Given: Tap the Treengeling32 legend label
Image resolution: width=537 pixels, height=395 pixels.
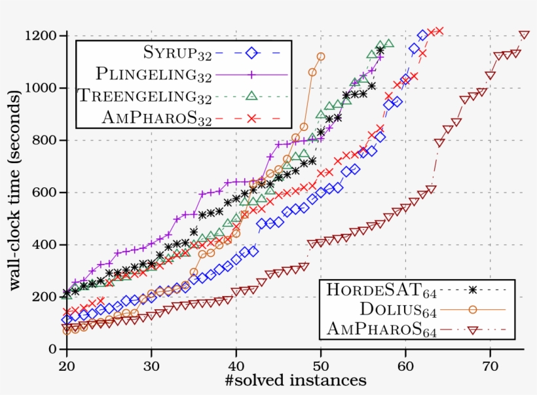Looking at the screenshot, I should (x=144, y=96).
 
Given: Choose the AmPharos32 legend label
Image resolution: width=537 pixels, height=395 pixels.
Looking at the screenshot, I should (x=157, y=117).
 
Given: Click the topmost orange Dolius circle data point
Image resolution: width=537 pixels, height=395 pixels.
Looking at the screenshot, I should (x=320, y=57).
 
